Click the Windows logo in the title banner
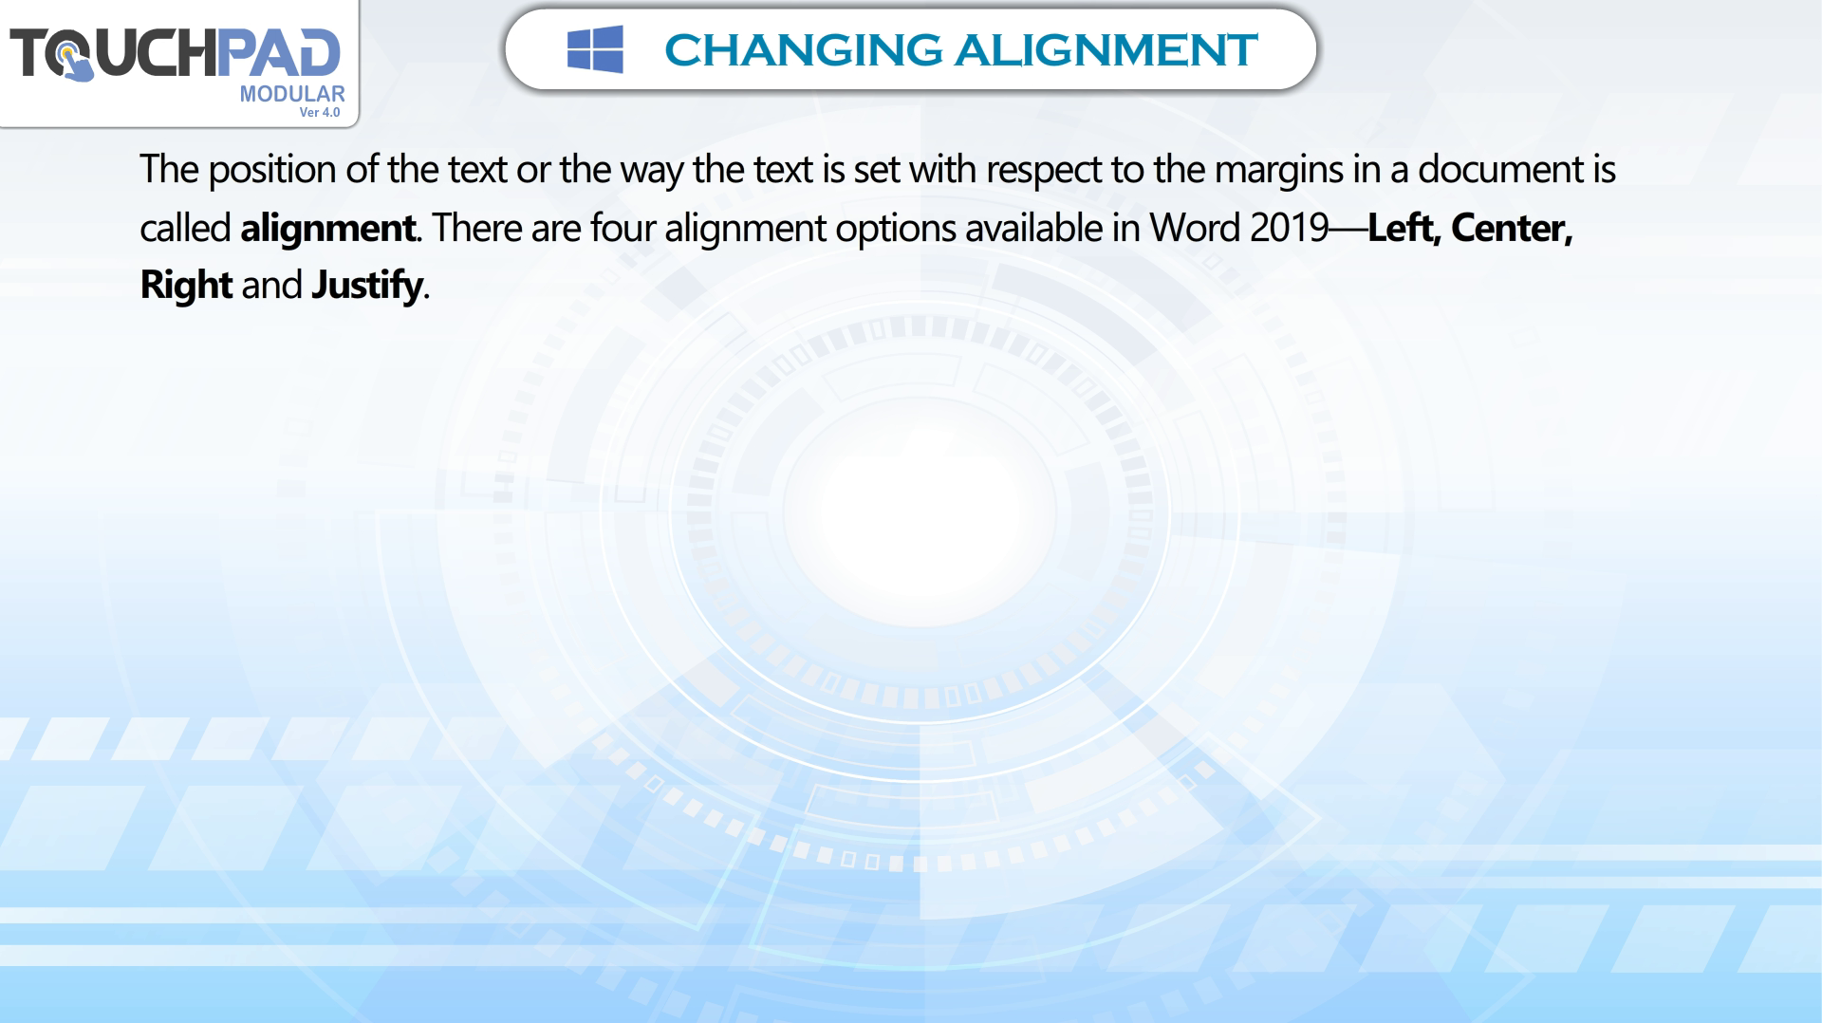tap(595, 49)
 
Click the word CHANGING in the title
tap(803, 50)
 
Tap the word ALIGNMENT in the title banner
tap(1106, 50)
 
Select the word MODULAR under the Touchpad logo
tap(292, 94)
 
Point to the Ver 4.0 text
tap(320, 112)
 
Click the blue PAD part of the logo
tap(278, 52)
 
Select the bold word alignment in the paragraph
tap(327, 229)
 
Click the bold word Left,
tap(1404, 227)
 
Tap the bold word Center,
tap(1512, 228)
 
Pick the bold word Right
tap(186, 286)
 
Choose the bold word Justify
tap(367, 286)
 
